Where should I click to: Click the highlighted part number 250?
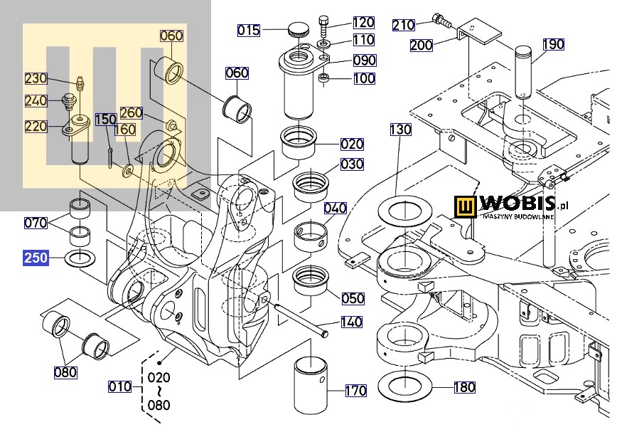[x=36, y=257]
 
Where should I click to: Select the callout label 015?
[x=249, y=30]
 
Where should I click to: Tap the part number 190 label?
[x=553, y=44]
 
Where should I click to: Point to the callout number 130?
[x=400, y=130]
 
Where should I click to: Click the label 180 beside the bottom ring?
[x=464, y=387]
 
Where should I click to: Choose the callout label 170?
[x=355, y=390]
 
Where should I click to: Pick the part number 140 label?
[x=351, y=322]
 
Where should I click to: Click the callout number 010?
[x=119, y=386]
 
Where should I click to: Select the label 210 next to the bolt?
[x=404, y=25]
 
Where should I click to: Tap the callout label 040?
[x=336, y=208]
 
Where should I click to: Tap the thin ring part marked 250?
[x=80, y=258]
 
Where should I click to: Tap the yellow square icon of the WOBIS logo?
[x=466, y=207]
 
